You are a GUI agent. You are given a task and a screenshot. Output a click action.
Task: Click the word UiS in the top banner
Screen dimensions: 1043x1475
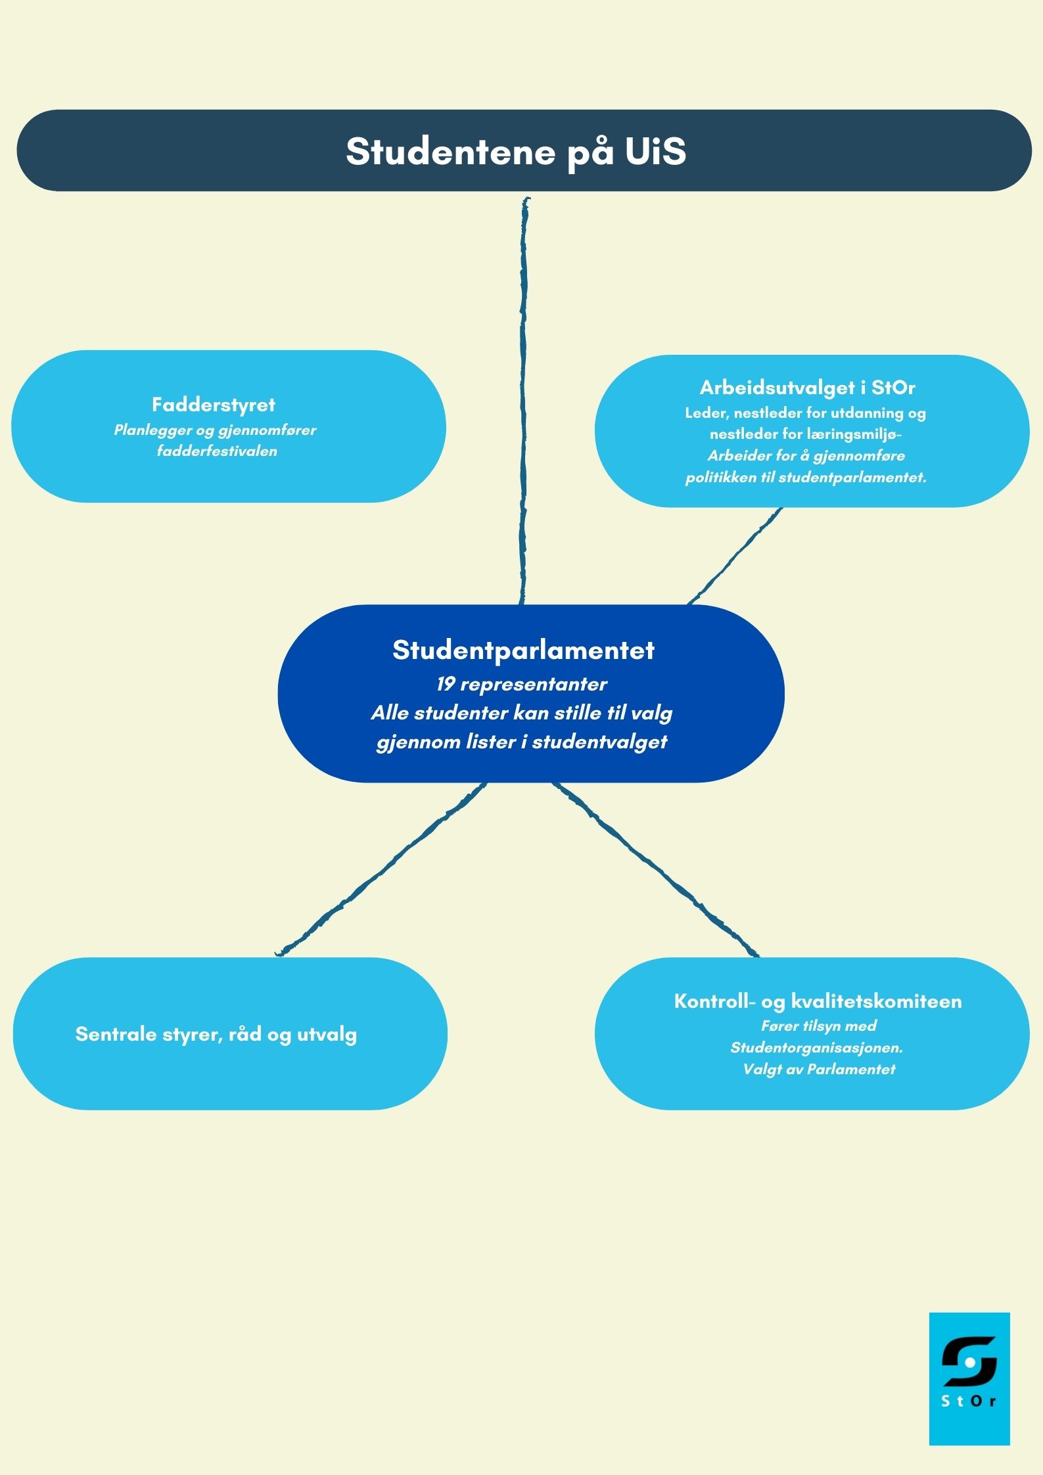point(655,151)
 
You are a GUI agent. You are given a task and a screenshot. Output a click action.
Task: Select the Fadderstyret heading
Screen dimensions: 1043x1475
point(214,405)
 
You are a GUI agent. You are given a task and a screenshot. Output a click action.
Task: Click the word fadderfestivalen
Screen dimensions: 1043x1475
point(217,451)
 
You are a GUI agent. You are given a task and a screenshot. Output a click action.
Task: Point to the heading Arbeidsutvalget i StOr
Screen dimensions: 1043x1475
point(808,388)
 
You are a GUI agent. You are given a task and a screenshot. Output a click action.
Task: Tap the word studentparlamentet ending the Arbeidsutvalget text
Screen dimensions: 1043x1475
point(852,478)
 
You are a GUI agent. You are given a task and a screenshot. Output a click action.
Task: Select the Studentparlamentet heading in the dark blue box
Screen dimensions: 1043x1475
point(524,650)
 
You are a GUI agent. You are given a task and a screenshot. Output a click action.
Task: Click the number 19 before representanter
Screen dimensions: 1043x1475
point(446,684)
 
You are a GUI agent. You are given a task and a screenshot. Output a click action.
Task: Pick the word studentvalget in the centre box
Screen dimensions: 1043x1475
point(599,742)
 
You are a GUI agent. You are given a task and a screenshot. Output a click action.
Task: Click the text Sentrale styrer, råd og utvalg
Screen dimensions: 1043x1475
point(216,1034)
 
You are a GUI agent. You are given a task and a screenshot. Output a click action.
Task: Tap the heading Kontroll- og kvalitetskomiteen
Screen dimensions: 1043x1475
point(818,1001)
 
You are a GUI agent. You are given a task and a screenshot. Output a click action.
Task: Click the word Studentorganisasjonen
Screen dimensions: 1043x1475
point(817,1047)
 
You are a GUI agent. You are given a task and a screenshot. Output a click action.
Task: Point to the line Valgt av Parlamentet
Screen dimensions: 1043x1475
point(819,1069)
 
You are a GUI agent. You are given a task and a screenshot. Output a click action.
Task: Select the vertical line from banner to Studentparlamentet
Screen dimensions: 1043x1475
point(524,401)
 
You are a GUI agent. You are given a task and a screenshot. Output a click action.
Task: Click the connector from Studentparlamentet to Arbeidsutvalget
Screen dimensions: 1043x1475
point(735,556)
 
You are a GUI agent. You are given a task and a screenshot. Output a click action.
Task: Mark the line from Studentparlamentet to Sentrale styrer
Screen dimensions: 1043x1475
point(381,869)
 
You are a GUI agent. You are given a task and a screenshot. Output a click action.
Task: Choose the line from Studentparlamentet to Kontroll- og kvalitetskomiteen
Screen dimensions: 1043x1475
point(655,869)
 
